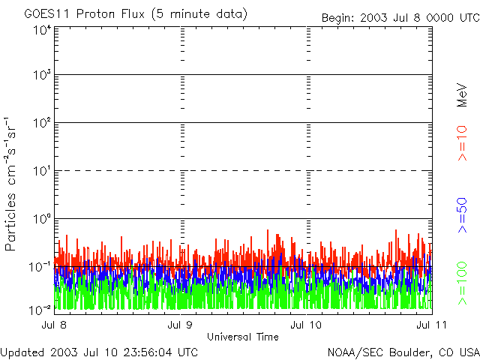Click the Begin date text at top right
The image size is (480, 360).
point(399,18)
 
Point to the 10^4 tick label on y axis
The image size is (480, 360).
point(42,30)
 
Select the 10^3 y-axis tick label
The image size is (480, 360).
point(42,75)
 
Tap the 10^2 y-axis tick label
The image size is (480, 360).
point(42,123)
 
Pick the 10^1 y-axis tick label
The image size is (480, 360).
point(42,171)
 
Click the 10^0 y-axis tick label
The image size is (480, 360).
point(42,219)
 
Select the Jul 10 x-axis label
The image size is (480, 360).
point(307,324)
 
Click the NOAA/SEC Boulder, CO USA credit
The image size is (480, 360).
point(403,352)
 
